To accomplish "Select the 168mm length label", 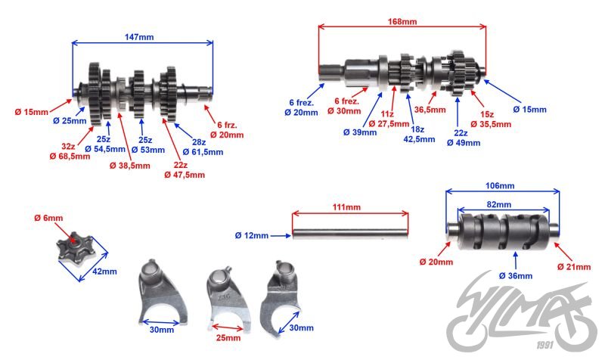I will click(x=402, y=22).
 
